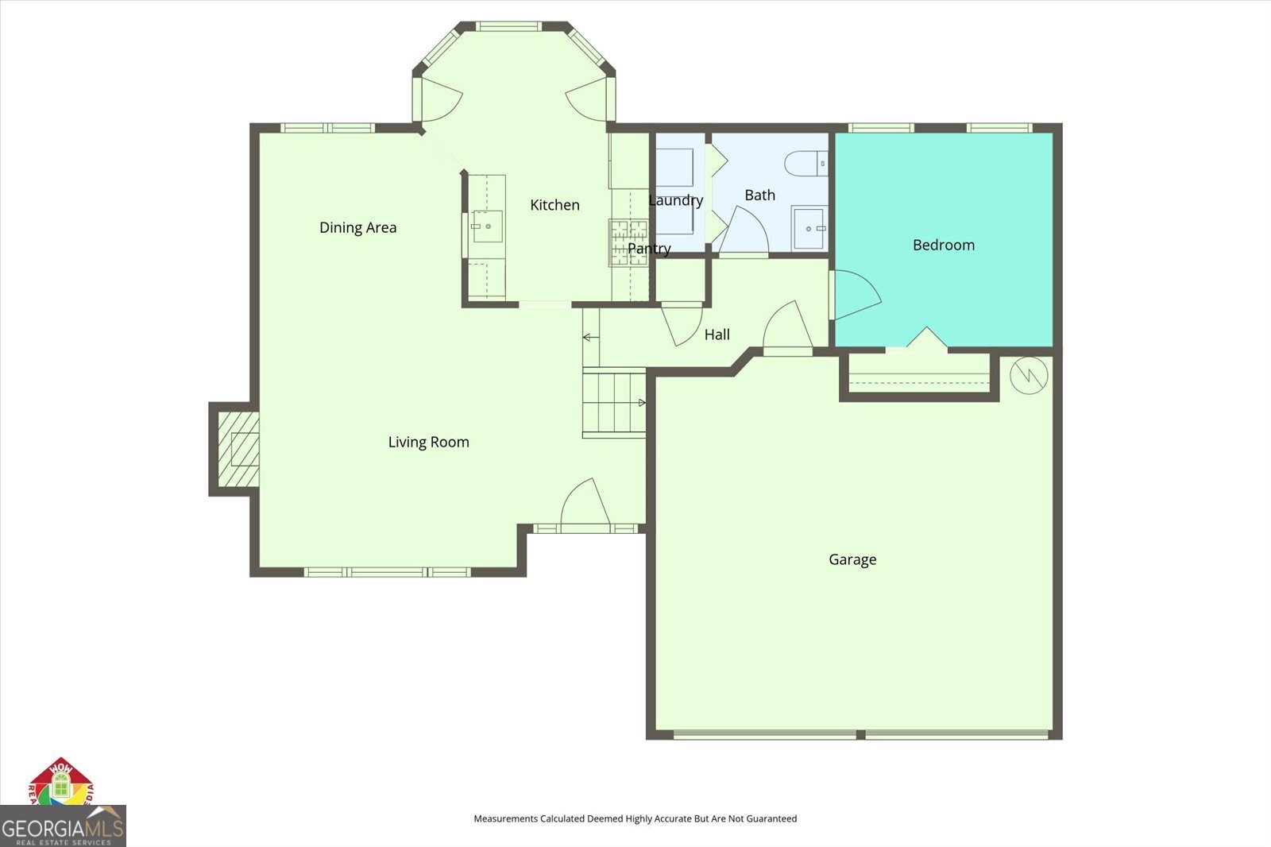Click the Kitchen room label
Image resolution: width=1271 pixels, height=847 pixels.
click(554, 205)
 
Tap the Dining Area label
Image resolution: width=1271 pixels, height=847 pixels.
click(357, 228)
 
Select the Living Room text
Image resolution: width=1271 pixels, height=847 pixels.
click(428, 443)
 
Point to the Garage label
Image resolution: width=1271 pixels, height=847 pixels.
click(852, 559)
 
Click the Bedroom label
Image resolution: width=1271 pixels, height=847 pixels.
click(943, 245)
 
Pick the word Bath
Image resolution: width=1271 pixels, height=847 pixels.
click(759, 195)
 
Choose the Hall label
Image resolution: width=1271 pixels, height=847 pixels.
click(717, 335)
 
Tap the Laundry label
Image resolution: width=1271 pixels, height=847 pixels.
click(675, 200)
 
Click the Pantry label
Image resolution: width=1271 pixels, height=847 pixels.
click(649, 249)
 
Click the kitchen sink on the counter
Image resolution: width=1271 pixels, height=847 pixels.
click(487, 226)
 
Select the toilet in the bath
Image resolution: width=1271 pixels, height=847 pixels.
click(805, 164)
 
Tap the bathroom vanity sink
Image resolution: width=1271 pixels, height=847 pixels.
click(809, 228)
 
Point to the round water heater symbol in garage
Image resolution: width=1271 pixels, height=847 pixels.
click(1029, 375)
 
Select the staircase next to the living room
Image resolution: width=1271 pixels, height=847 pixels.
click(614, 402)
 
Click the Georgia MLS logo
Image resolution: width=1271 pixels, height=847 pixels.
click(63, 826)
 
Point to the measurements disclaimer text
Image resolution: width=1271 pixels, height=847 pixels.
click(635, 818)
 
